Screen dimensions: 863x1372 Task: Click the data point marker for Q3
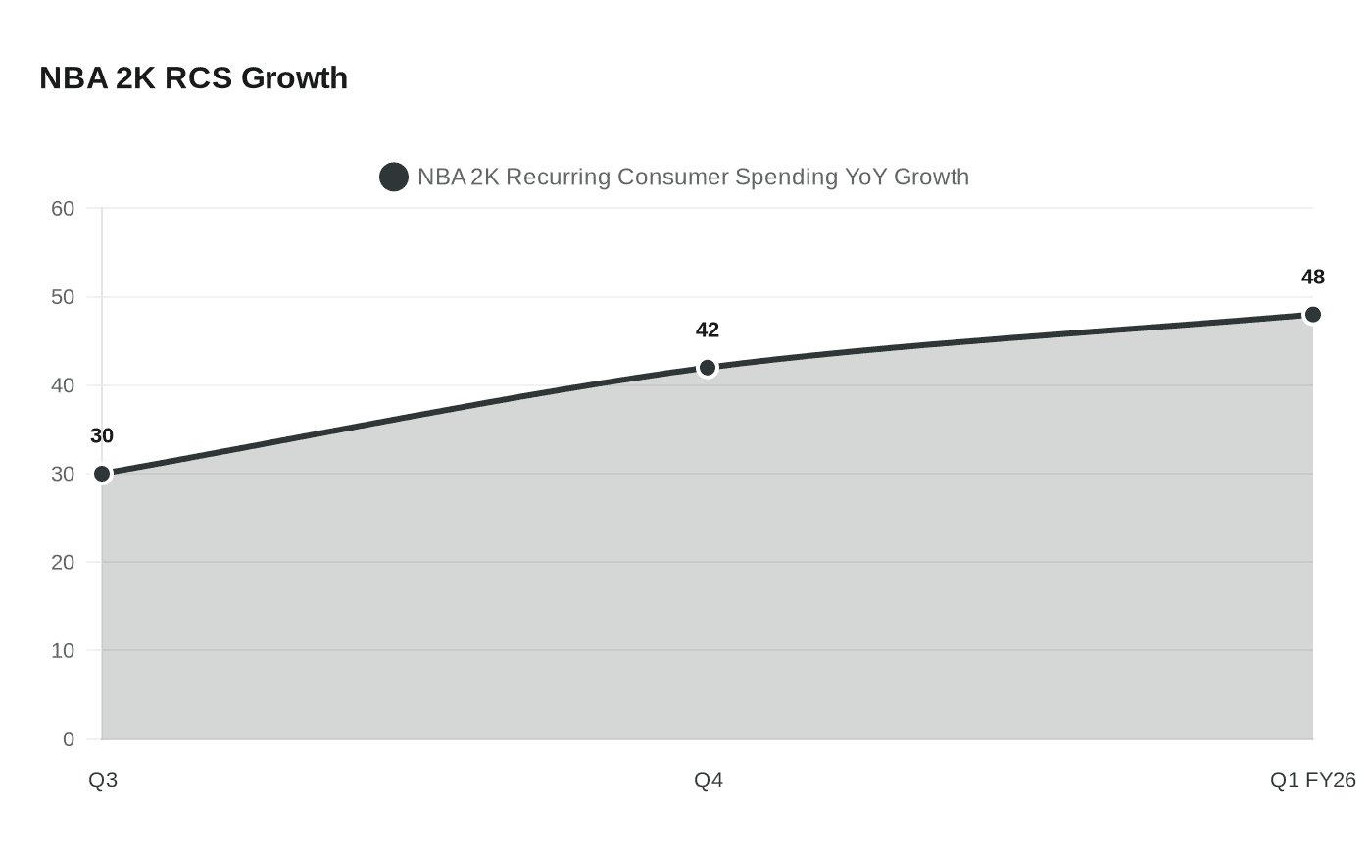102,474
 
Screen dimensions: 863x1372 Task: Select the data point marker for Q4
708,368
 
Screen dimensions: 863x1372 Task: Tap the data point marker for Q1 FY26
1312,315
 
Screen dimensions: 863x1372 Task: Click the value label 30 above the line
102,436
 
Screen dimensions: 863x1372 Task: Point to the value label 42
708,330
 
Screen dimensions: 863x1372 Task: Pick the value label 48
1312,278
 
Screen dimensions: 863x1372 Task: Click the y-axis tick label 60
63,208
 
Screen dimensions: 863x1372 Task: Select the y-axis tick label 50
63,297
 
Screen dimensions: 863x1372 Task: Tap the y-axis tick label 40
63,385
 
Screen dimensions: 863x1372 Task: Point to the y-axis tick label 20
63,562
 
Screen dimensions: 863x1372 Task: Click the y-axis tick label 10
63,651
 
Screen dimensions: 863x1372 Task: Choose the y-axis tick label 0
69,739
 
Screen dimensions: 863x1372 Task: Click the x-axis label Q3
103,780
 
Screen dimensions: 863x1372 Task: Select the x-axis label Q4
709,780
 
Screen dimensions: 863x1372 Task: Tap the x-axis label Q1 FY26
1312,780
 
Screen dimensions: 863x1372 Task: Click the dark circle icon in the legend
394,178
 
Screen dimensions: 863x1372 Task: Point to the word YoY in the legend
866,178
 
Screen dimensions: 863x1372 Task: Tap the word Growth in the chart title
294,77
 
